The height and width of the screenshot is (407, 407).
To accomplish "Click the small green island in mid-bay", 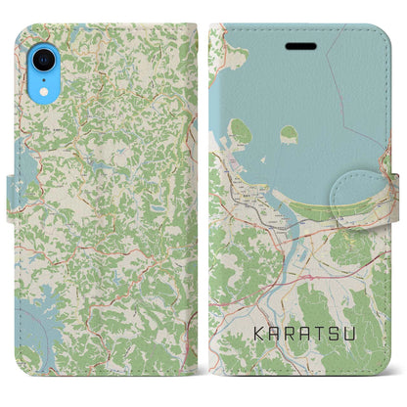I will (x=289, y=133).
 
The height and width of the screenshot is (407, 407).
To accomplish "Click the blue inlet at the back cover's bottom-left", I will (x=29, y=338).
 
